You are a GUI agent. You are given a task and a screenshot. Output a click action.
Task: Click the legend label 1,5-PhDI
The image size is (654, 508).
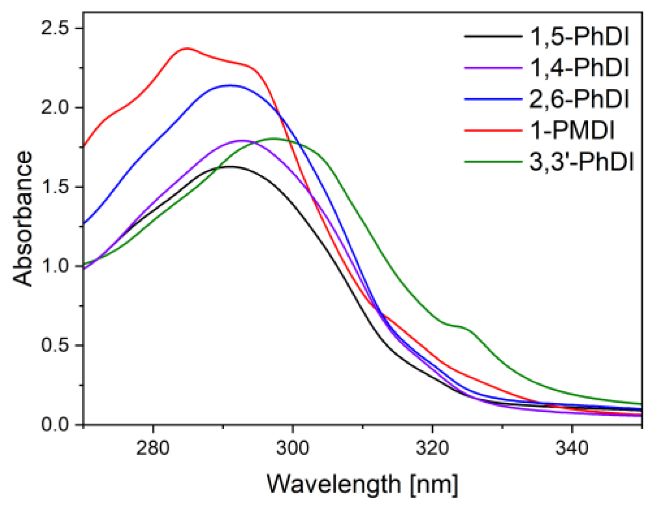(x=580, y=36)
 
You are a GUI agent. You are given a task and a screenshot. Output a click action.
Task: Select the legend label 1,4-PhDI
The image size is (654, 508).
(x=580, y=68)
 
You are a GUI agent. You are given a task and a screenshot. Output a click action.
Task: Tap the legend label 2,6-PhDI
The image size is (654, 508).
(x=580, y=99)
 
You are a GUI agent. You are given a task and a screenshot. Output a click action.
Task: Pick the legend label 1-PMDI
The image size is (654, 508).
(x=572, y=130)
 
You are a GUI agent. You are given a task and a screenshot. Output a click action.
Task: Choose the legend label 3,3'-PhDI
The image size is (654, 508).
(x=582, y=162)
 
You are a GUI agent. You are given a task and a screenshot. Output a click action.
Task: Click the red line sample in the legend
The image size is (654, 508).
(x=493, y=130)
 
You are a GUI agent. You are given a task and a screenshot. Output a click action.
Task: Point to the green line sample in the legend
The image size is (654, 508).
(x=493, y=162)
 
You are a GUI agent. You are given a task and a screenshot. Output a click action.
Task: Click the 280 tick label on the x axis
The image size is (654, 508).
(x=153, y=448)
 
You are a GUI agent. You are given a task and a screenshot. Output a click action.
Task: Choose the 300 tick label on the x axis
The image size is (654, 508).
(x=293, y=448)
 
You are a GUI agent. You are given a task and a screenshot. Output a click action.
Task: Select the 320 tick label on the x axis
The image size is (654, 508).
(x=432, y=448)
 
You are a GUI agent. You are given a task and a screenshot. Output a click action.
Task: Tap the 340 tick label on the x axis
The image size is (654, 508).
(x=572, y=448)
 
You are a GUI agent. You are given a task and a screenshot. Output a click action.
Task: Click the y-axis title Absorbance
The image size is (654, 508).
(x=23, y=219)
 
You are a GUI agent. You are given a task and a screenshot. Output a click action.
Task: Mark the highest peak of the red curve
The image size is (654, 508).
(x=187, y=48)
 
